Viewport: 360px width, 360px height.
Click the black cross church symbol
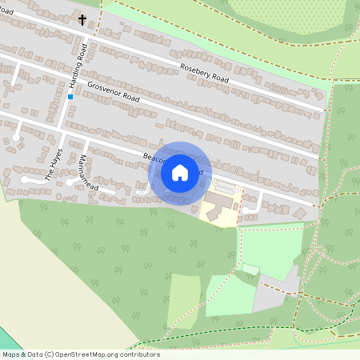[x=82, y=18]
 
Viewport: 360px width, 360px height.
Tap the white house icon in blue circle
[x=180, y=173]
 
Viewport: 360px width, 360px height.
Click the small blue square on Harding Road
[x=70, y=97]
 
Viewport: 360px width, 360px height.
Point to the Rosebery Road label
[x=205, y=74]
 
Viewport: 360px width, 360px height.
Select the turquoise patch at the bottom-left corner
[x=6, y=340]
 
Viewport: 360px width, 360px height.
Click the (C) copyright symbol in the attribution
[x=50, y=354]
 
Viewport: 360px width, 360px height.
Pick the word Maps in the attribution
[x=11, y=354]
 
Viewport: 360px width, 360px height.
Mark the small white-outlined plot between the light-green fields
[x=250, y=270]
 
